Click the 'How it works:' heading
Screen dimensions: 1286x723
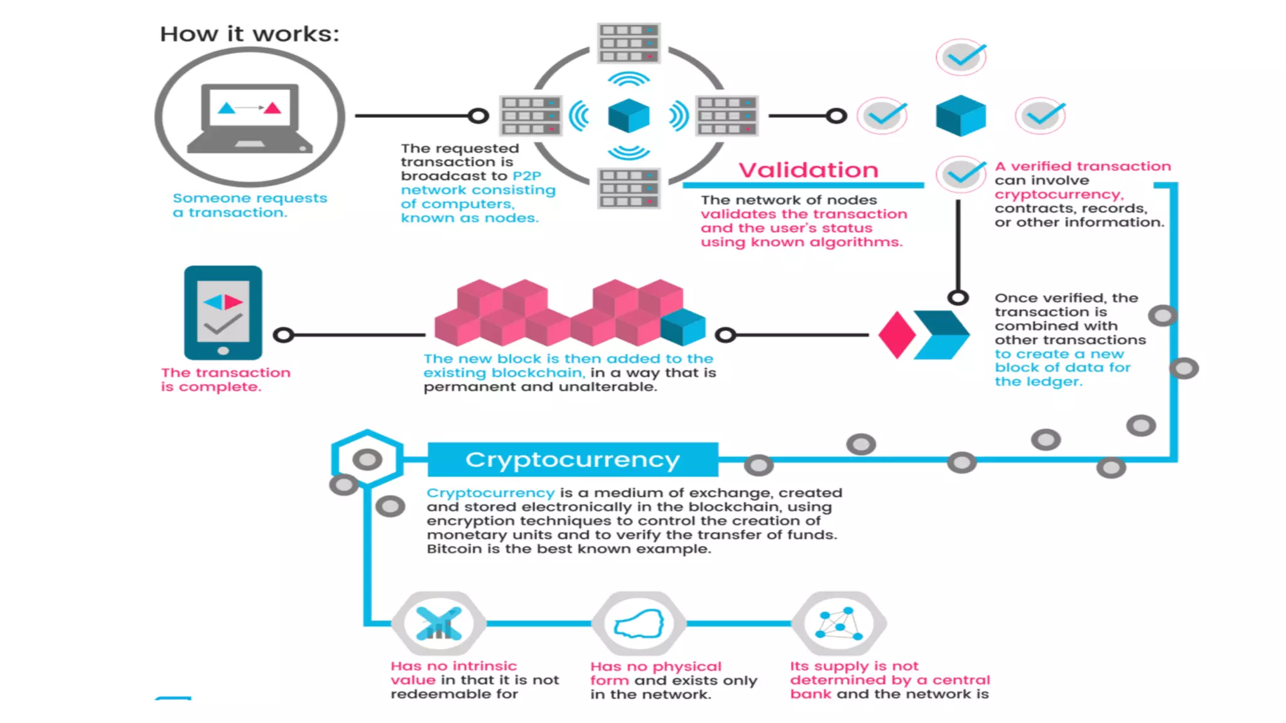[x=249, y=34]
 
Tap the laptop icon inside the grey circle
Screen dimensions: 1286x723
[x=250, y=118]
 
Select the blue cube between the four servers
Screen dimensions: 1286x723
[x=629, y=116]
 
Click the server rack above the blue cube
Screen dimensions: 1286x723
[x=629, y=43]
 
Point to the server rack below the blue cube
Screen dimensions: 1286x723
[x=629, y=188]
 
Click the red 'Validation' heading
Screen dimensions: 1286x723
[x=808, y=170]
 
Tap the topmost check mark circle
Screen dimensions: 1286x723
[x=961, y=57]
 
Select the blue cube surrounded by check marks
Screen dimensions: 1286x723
[x=961, y=115]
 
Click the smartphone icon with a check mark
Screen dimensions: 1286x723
[x=223, y=312]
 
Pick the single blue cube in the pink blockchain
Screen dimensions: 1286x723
[x=683, y=327]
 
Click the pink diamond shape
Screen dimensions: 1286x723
[x=897, y=335]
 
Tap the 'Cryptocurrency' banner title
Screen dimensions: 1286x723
[x=572, y=459]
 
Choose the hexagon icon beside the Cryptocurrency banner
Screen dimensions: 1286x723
[x=367, y=459]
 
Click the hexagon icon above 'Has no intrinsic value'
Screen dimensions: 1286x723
[x=439, y=623]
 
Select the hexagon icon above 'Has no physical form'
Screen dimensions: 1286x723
[x=639, y=623]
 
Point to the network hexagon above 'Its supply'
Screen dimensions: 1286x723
[x=839, y=623]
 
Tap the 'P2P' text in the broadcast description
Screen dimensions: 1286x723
[x=526, y=176]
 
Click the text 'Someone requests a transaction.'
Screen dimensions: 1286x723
[x=249, y=205]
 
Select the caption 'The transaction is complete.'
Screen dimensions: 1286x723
[x=225, y=380]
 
